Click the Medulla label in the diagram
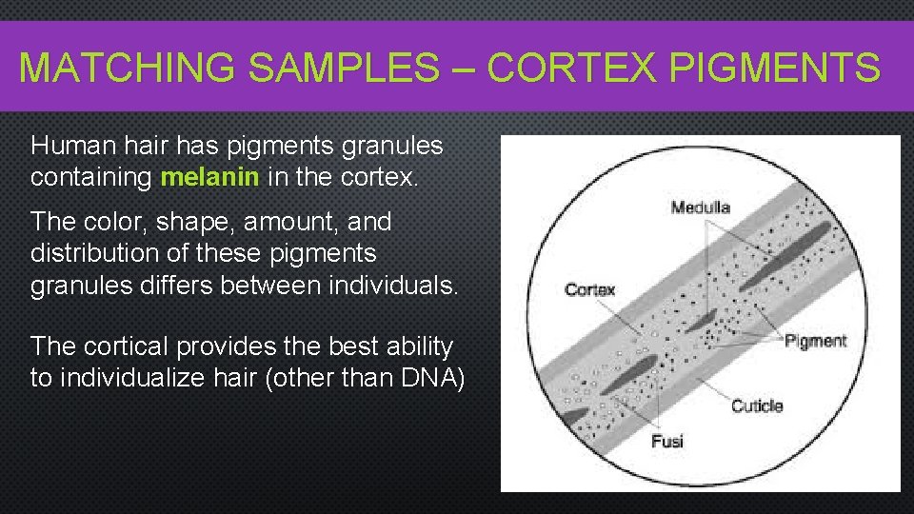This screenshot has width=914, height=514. coord(700,207)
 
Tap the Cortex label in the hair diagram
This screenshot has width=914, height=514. coord(590,289)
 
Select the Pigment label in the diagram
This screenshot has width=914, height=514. coord(815,341)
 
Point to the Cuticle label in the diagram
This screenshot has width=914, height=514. coord(757,406)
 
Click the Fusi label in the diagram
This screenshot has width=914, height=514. coord(667,441)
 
